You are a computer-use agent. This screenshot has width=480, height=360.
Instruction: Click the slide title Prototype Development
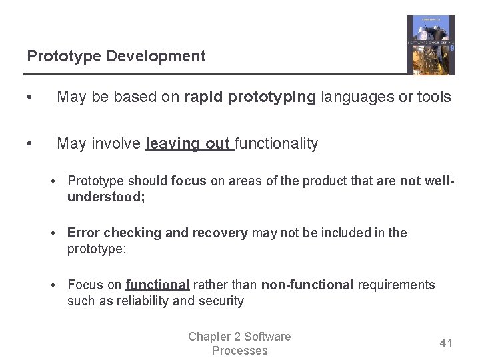click(116, 57)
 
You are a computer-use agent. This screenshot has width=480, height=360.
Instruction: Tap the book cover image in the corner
click(431, 45)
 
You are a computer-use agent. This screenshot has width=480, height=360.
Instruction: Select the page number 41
click(446, 343)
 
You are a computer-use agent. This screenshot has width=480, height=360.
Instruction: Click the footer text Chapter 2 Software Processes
click(239, 343)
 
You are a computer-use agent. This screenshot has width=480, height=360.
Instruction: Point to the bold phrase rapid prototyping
click(250, 97)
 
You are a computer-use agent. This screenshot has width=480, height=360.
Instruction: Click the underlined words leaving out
click(189, 144)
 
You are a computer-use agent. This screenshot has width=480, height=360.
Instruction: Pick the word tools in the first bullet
click(434, 97)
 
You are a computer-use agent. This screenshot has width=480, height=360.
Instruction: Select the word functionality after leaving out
click(277, 144)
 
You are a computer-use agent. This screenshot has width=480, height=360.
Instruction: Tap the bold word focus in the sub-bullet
click(189, 181)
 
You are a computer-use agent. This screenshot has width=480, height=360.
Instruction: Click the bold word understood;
click(106, 197)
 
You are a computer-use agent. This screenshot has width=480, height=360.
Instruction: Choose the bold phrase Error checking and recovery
click(157, 233)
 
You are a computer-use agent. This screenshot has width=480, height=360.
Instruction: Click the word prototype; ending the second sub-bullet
click(97, 249)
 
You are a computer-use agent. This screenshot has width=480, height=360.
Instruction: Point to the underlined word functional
click(157, 285)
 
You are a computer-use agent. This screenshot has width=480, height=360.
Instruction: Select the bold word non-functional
click(307, 285)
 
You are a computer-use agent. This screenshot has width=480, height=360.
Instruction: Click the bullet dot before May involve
click(29, 144)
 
